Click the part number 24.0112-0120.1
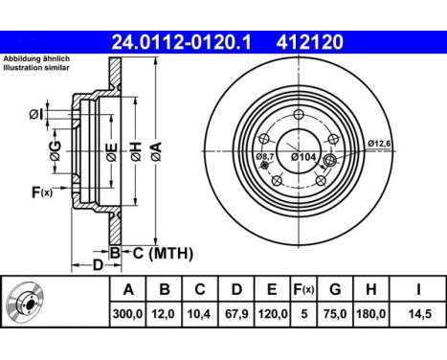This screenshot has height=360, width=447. click(181, 42)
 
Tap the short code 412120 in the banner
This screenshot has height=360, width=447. click(309, 42)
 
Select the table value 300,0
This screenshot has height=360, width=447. click(127, 314)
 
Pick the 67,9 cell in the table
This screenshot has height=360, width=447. click(236, 314)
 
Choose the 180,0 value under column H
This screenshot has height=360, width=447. click(370, 314)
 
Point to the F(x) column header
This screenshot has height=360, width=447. click(303, 289)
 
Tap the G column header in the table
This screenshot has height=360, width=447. click(335, 289)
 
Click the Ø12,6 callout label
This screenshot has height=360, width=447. click(379, 144)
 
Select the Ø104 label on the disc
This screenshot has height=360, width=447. click(303, 157)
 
